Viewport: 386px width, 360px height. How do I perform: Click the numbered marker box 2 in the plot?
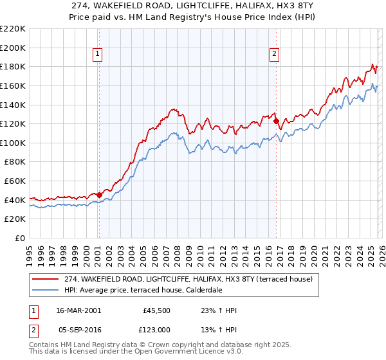[x=275, y=55]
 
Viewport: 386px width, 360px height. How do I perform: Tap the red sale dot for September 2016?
[x=276, y=121]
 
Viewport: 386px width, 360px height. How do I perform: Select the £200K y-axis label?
[x=13, y=48]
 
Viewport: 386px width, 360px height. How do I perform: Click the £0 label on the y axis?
[x=21, y=238]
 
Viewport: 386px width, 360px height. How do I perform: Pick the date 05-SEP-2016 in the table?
[x=79, y=328]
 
